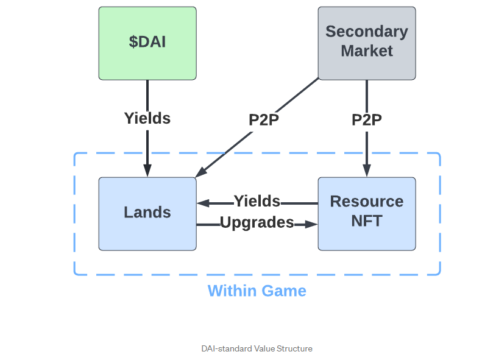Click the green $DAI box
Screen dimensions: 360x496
[x=147, y=43]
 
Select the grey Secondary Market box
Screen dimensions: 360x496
[x=367, y=43]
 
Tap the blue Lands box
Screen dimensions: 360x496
[x=147, y=213]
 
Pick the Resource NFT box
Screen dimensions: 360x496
[x=367, y=213]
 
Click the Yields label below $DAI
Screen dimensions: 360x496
[x=147, y=118]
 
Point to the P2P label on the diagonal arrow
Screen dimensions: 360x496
[x=264, y=120]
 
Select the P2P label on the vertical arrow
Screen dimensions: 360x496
[x=367, y=120]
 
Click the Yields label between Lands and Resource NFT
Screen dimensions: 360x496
[x=257, y=202]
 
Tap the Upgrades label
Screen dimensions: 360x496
[x=257, y=223]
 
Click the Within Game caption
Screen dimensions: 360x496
[x=257, y=291]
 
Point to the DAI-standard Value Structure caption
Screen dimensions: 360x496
[x=257, y=348]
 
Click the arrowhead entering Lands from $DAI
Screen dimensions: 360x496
[x=147, y=171]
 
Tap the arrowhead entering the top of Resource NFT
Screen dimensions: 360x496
[x=367, y=171]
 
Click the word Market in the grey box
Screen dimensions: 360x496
[x=367, y=51]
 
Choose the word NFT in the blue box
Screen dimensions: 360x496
[x=367, y=221]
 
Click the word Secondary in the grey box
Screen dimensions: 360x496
[x=367, y=32]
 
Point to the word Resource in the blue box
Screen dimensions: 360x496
[x=367, y=202]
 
